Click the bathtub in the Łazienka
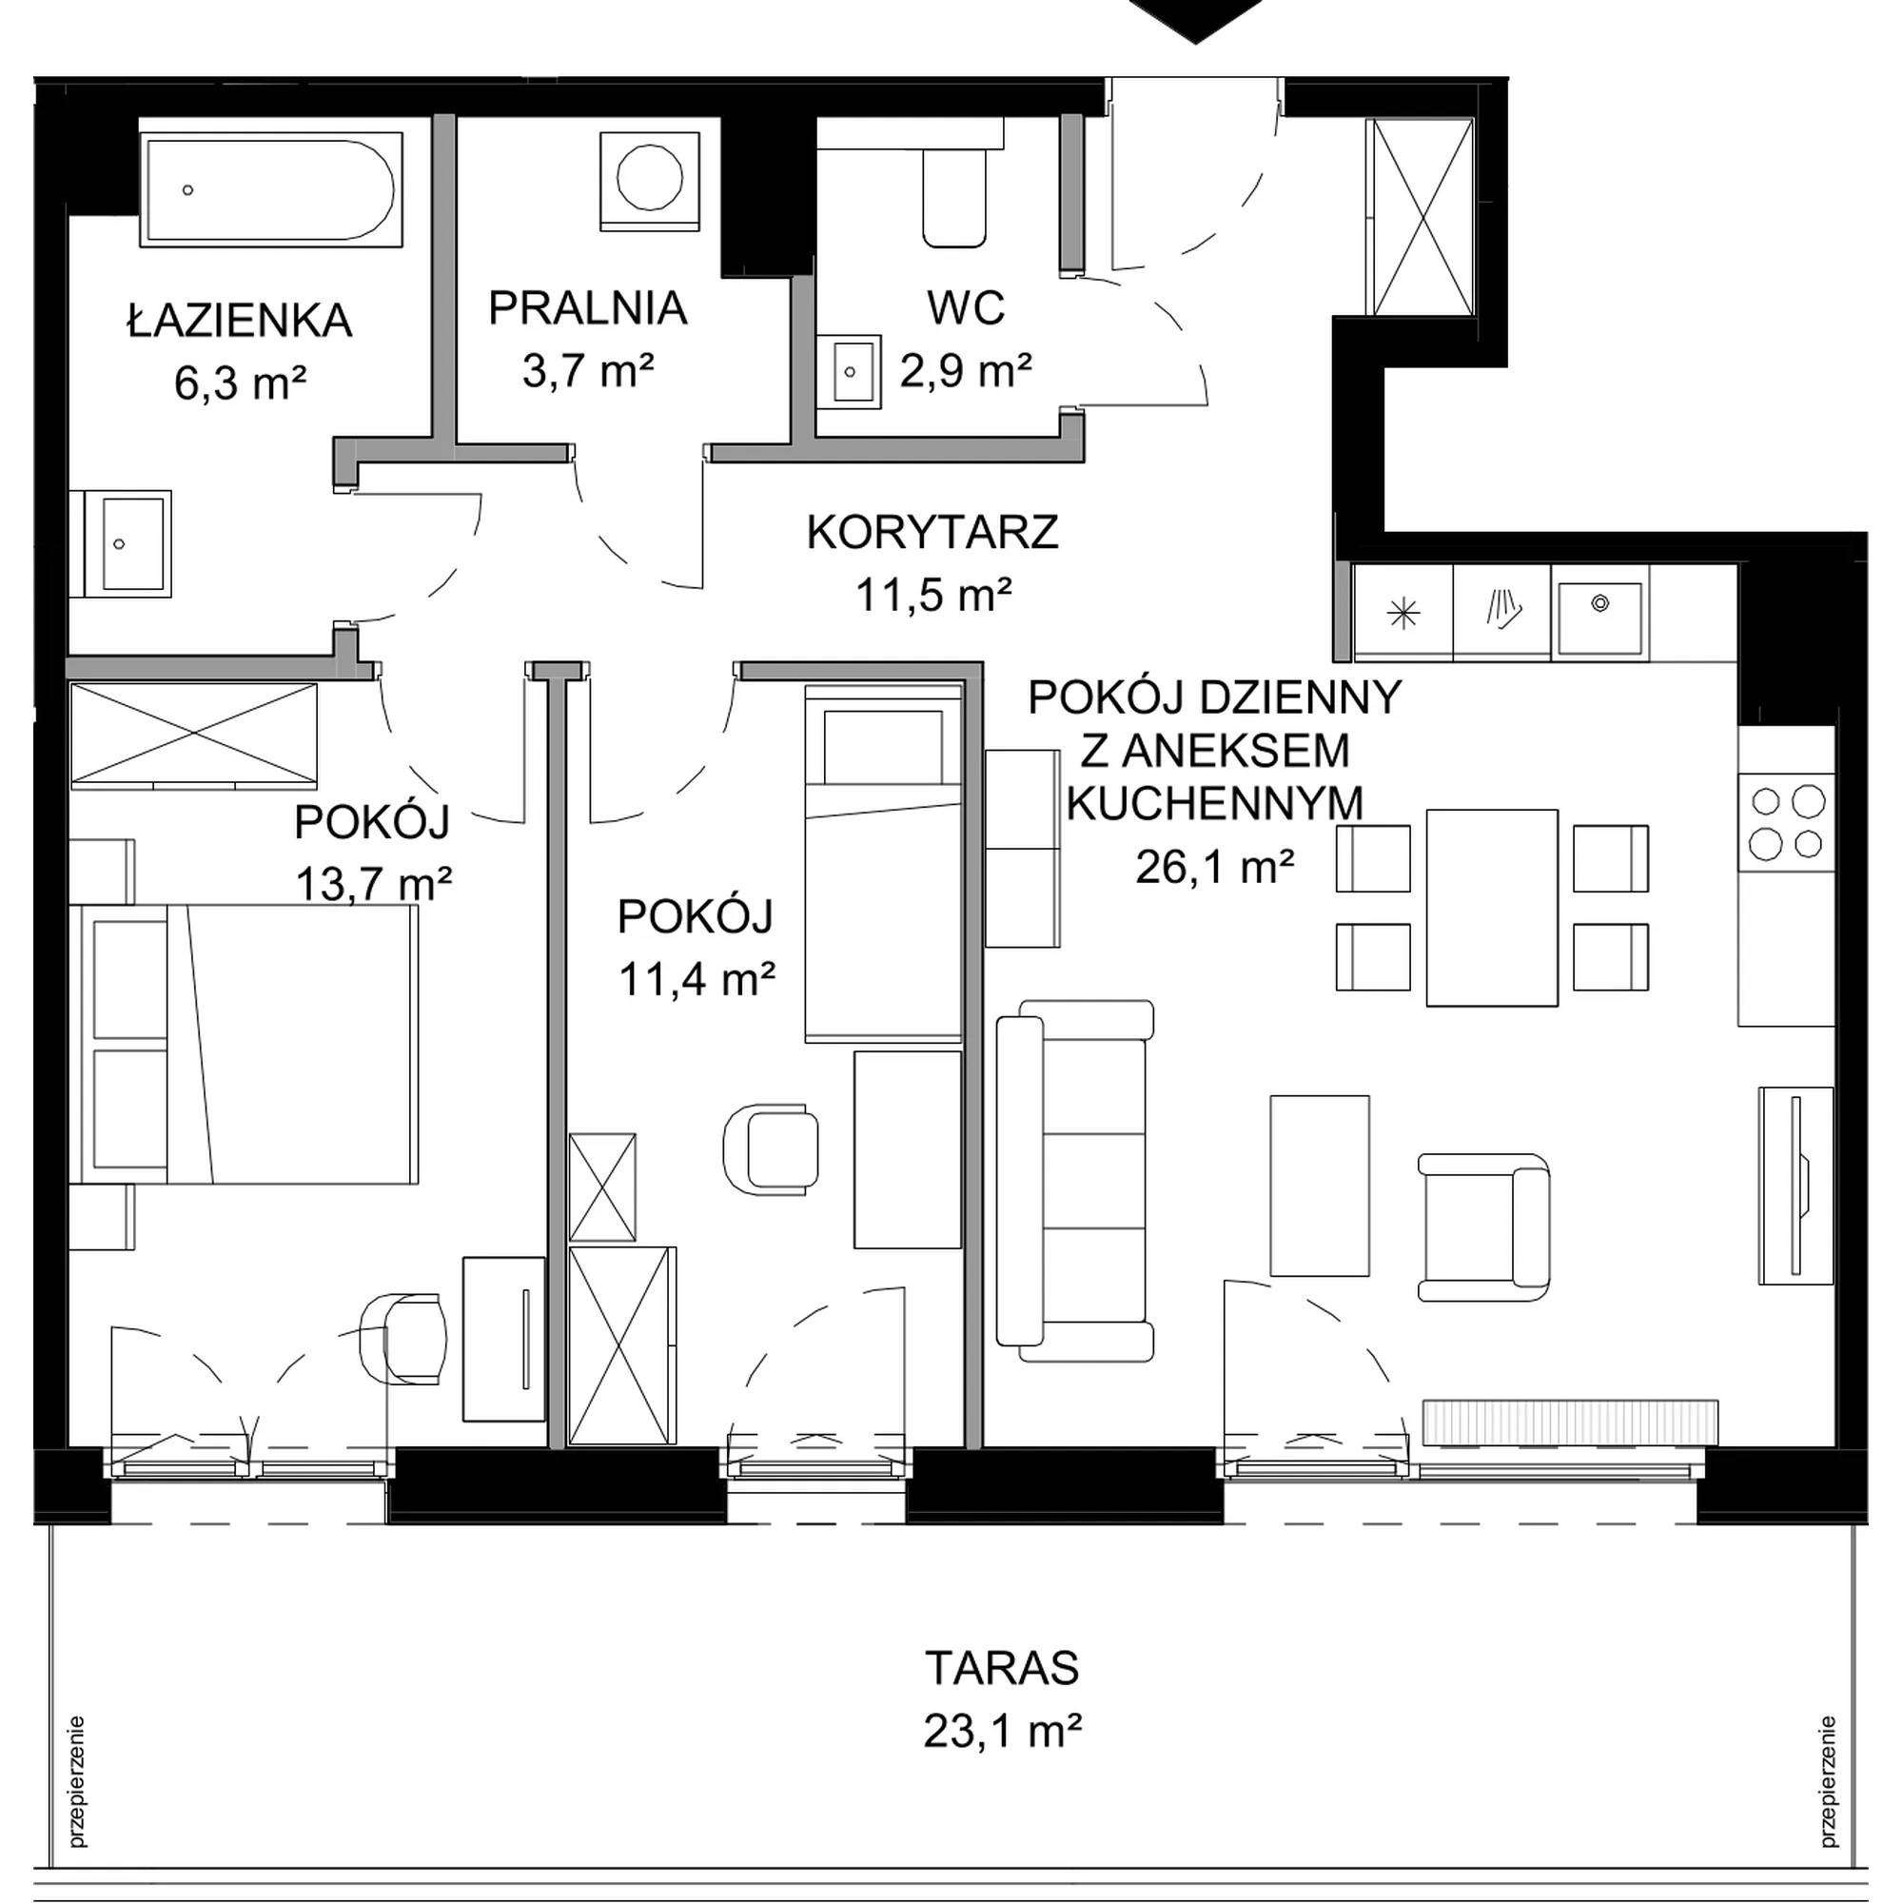272,190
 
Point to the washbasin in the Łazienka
128,543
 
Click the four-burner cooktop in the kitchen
1787,822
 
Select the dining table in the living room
1491,907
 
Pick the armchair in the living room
1483,1226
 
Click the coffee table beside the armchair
1319,1185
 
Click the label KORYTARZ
932,533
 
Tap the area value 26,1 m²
1214,867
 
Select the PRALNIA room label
588,308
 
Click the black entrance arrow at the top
1196,18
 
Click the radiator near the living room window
1570,1422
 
